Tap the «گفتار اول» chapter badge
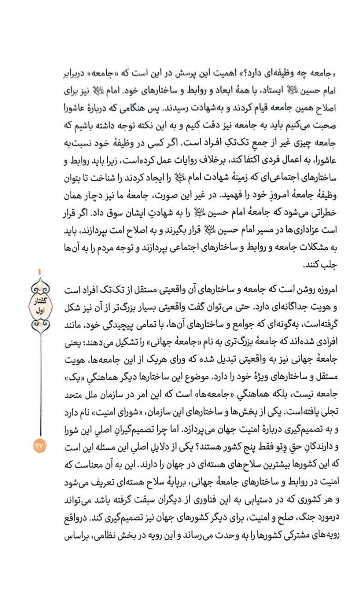coord(40,303)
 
